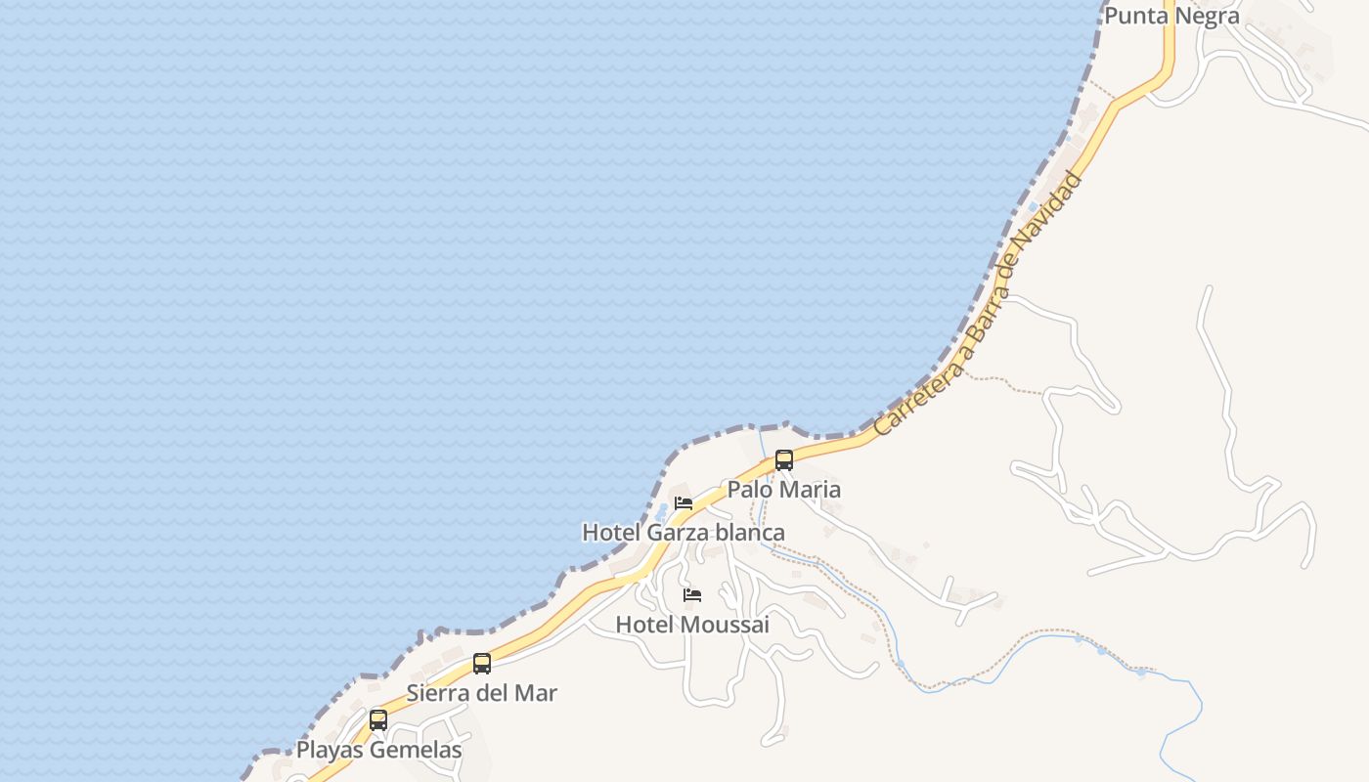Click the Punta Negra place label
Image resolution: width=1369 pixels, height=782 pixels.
click(1171, 16)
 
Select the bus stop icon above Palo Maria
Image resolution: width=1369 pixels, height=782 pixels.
click(784, 460)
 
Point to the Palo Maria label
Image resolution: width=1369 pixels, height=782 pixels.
click(784, 489)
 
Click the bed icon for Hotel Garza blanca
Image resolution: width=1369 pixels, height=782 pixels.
click(684, 503)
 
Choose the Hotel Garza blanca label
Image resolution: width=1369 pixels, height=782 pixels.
click(684, 533)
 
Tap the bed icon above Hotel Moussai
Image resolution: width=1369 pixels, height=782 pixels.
click(692, 595)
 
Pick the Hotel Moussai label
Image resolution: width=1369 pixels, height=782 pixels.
click(692, 625)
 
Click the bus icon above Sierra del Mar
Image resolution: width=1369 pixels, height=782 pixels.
click(482, 664)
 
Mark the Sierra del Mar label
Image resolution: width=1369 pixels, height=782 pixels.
click(482, 693)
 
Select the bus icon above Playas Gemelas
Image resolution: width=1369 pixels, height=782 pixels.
click(378, 720)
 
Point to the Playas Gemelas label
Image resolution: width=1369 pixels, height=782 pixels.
click(378, 750)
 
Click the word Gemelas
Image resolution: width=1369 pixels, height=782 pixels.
click(416, 750)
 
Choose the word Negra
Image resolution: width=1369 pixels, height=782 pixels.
click(1211, 16)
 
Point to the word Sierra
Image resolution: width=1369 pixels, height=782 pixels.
click(437, 693)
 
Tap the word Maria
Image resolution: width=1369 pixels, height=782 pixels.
click(811, 489)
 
